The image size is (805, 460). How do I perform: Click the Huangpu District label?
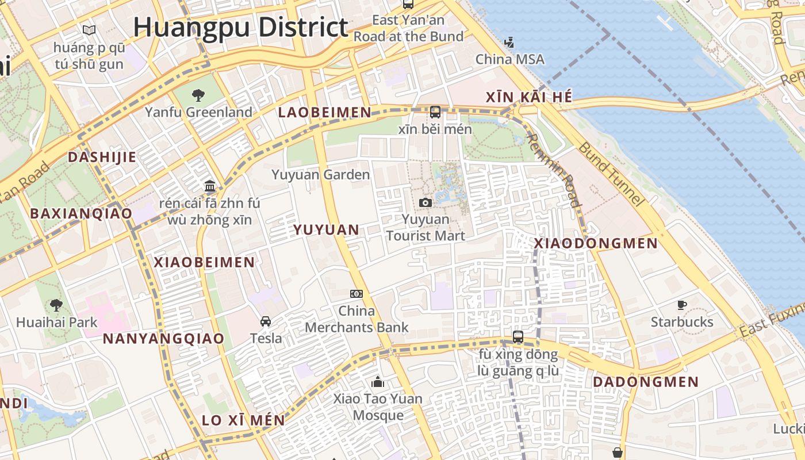click(240, 27)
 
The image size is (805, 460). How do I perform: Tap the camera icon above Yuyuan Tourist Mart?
click(425, 202)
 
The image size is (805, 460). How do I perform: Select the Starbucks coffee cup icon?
click(682, 305)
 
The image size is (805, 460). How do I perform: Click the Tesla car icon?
click(266, 321)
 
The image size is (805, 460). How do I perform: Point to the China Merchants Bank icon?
click(356, 294)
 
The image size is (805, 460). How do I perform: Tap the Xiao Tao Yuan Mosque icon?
click(378, 382)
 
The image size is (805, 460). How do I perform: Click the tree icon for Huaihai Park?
click(56, 305)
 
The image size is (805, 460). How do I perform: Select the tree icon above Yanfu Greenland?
click(198, 95)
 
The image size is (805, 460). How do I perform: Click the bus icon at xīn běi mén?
click(435, 112)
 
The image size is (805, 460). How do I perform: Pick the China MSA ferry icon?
click(509, 42)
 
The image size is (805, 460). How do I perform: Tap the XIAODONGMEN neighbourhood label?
click(596, 243)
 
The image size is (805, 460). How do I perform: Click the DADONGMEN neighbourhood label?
click(646, 382)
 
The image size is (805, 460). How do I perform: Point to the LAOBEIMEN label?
click(324, 112)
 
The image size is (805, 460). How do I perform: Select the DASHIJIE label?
click(102, 157)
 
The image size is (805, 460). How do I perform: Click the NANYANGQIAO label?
click(163, 339)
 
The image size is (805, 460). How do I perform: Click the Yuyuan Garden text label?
click(320, 174)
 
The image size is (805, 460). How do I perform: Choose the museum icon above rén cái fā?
click(210, 186)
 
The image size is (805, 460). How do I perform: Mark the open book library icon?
click(89, 30)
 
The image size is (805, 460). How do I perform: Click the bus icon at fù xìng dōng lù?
click(518, 337)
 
